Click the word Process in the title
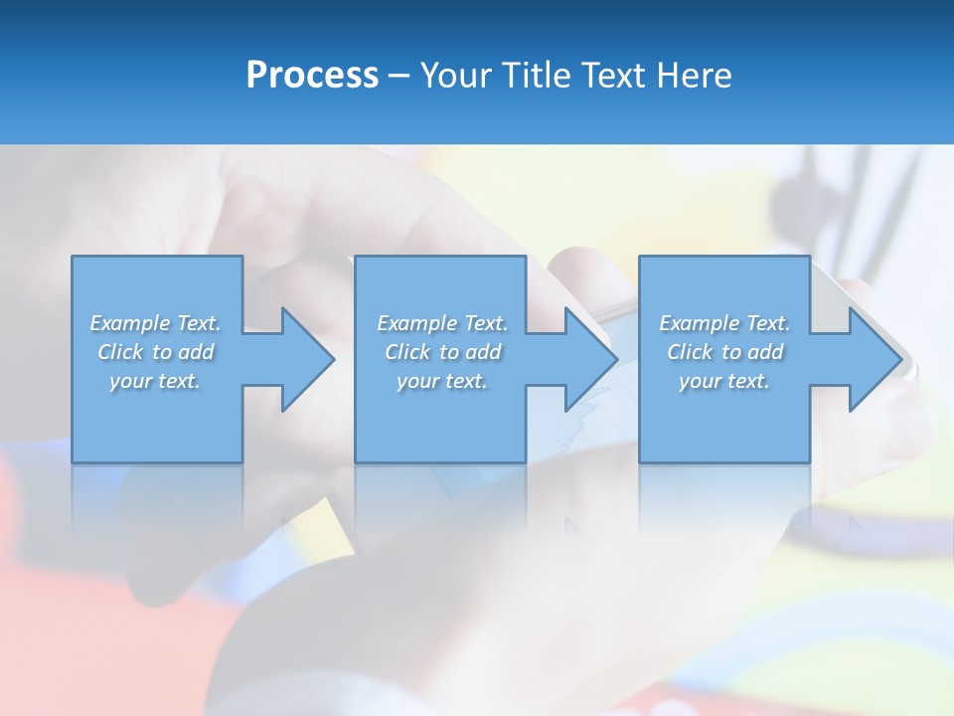click(x=312, y=76)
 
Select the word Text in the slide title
click(x=615, y=76)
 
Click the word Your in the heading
click(x=457, y=76)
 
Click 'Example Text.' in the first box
click(x=155, y=323)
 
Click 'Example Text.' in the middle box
click(x=442, y=323)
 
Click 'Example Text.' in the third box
click(x=724, y=323)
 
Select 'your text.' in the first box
click(x=155, y=381)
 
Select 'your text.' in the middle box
click(x=442, y=381)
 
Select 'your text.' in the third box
click(x=724, y=381)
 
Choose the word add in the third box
click(x=765, y=352)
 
